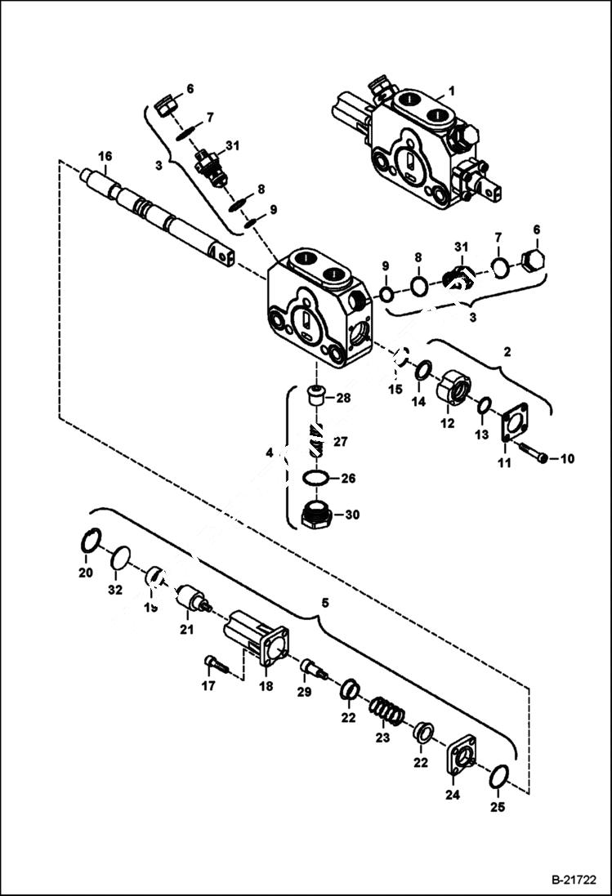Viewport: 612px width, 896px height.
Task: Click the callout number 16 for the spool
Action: [105, 156]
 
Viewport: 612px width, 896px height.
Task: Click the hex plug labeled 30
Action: [315, 516]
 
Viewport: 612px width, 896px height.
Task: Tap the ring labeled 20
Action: [92, 541]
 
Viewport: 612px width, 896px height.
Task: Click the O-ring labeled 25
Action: [499, 778]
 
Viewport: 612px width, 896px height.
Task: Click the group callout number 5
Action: [325, 604]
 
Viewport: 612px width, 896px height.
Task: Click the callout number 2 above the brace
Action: [507, 352]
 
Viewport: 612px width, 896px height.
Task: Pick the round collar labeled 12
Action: [453, 387]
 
